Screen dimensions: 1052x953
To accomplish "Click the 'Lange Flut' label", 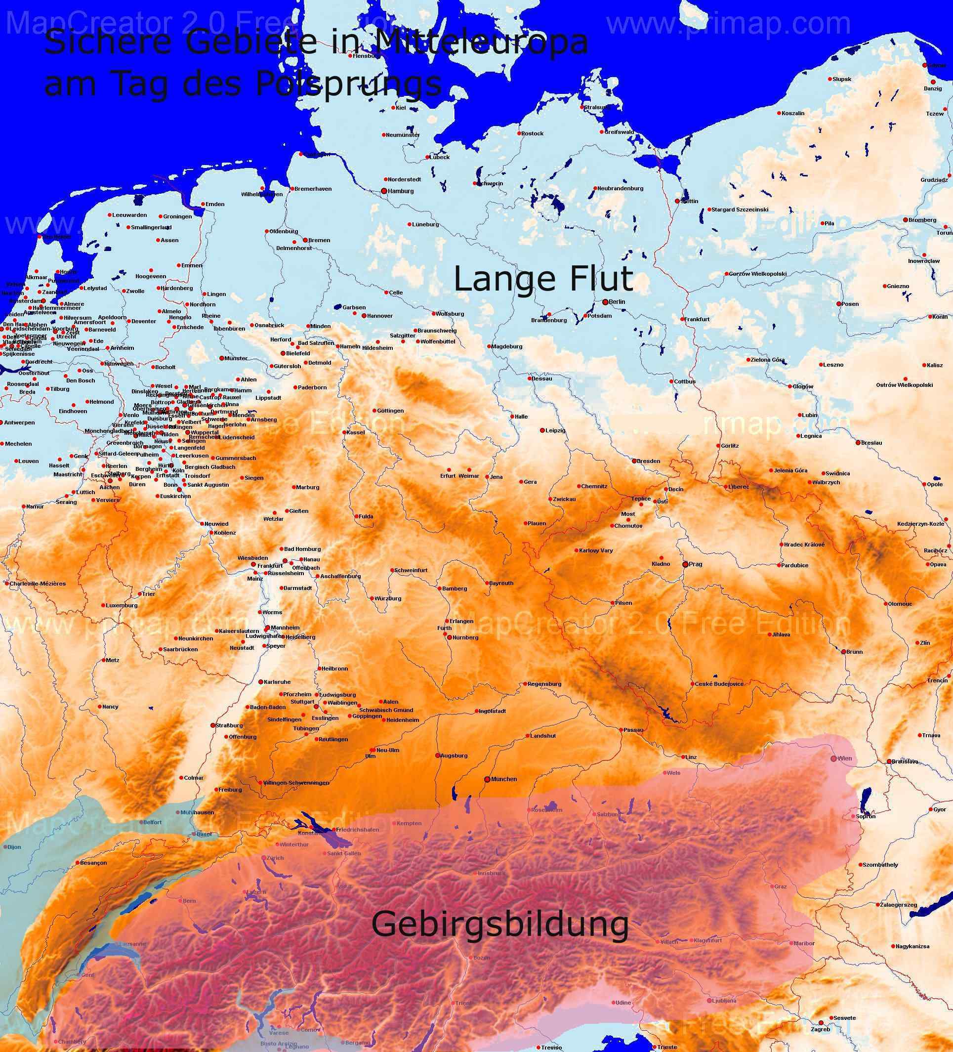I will tap(543, 279).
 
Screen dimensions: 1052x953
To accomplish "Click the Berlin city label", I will tap(617, 302).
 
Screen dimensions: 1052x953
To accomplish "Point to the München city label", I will tap(504, 779).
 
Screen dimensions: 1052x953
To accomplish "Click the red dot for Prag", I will tap(686, 565).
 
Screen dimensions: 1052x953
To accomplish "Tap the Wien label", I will tap(844, 758).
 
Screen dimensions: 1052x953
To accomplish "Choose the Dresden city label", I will tap(648, 462).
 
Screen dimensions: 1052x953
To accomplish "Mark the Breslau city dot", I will tap(858, 443).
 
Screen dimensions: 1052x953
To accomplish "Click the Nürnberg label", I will tap(465, 637).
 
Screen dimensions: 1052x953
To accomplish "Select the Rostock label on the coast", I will tap(533, 133).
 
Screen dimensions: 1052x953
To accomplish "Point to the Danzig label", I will tap(933, 89).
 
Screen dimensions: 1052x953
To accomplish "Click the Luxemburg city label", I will tap(122, 606).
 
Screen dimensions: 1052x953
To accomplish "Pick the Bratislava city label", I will tap(905, 762).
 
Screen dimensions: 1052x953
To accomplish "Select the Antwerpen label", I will tap(19, 422).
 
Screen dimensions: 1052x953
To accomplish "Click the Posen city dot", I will tap(839, 304).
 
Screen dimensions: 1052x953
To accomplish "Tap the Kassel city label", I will tap(356, 432).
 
